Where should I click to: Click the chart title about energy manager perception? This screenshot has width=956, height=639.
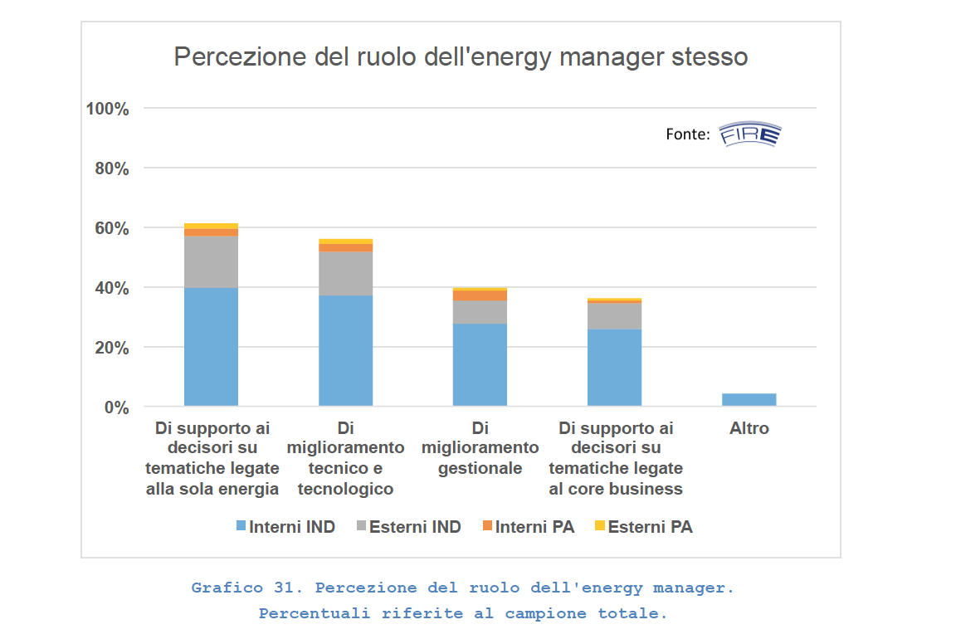point(461,57)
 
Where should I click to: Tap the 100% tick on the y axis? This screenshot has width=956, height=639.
point(107,109)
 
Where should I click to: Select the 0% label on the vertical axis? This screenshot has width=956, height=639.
point(115,407)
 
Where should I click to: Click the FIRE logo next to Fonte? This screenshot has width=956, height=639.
point(749,134)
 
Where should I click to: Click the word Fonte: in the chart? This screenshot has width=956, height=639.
point(687,134)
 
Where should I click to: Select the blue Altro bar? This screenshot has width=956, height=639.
point(749,399)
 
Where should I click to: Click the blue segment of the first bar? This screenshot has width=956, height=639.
point(211,347)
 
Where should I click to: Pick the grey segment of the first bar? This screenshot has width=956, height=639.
point(211,262)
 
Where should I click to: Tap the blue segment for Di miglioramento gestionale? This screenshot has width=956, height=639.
point(480,364)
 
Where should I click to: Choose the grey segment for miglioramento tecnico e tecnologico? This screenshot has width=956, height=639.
point(345,274)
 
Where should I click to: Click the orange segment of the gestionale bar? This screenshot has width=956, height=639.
point(480,295)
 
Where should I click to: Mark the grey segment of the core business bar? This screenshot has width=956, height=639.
point(614,316)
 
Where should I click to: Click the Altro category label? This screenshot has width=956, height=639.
point(749,429)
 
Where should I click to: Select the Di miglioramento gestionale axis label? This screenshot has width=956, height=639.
point(480,448)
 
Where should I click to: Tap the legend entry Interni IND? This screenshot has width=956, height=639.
point(285,527)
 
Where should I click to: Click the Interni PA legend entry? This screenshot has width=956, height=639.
point(528,527)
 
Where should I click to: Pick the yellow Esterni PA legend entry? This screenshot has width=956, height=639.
point(643,527)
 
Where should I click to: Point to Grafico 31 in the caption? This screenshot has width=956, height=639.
point(245,588)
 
